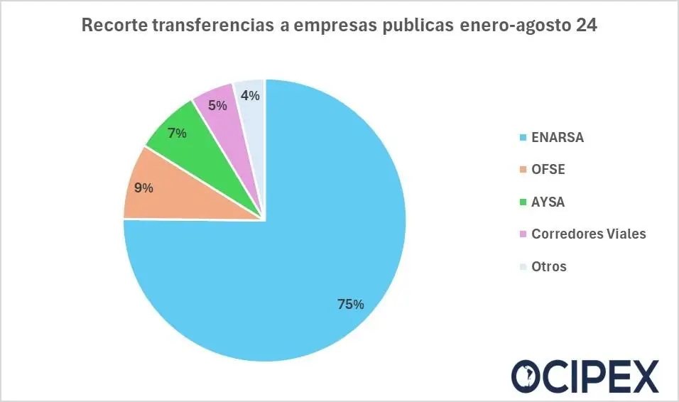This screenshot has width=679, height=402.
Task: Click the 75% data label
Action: tap(350, 305)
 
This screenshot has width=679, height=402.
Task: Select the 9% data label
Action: tap(143, 189)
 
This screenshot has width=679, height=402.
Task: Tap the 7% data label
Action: tap(176, 133)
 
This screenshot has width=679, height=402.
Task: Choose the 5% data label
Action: tap(217, 106)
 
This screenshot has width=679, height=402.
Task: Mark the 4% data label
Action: tap(249, 95)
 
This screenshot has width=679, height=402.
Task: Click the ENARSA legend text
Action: tap(557, 138)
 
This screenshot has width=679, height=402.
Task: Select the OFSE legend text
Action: tap(548, 170)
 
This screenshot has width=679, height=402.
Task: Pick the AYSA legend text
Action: tap(548, 202)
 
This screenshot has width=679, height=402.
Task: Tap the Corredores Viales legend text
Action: tap(588, 234)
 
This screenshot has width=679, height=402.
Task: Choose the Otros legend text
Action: tap(549, 267)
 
